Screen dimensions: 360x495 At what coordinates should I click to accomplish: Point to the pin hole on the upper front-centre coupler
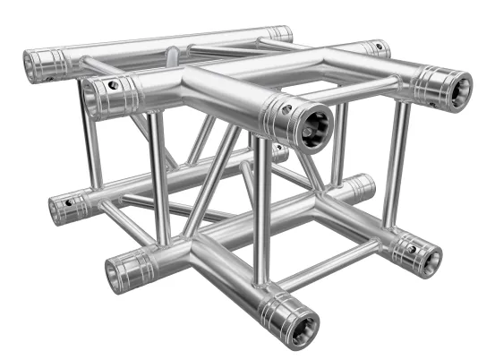287,109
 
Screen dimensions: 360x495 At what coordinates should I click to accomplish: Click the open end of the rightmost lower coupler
428,258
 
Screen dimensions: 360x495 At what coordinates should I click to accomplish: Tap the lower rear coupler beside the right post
358,186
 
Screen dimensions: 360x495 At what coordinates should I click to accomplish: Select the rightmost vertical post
395,161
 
